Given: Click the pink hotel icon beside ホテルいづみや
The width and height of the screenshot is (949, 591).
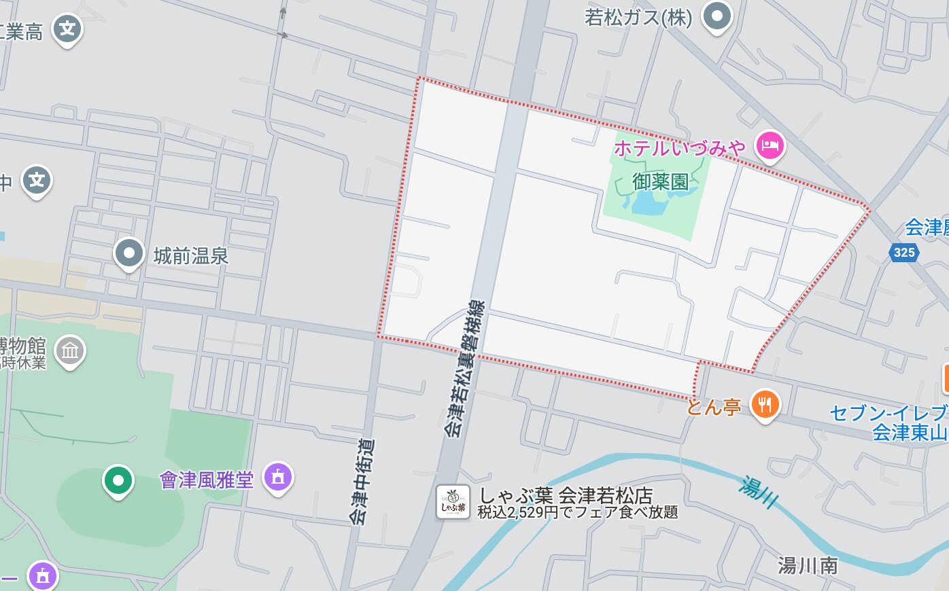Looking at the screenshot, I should (770, 145).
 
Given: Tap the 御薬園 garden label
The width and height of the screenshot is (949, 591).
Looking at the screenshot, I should (660, 181).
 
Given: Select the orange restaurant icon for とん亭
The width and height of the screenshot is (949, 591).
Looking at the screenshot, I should (765, 405).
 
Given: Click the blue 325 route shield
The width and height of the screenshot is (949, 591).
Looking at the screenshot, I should (903, 253).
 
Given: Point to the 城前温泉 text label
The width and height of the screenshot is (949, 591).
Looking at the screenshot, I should (190, 256).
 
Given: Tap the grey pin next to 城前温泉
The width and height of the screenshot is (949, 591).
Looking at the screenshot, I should (128, 253).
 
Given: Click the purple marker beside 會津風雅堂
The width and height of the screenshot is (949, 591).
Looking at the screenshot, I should (277, 478).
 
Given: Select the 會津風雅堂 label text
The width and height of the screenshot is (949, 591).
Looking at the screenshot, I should (207, 480).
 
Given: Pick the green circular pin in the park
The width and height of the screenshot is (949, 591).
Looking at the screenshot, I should (118, 481).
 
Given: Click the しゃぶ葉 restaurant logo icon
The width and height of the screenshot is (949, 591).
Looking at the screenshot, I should (453, 502).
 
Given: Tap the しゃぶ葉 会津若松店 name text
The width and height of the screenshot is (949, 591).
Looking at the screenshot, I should (566, 495).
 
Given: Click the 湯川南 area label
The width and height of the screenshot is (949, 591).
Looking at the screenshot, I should (808, 565).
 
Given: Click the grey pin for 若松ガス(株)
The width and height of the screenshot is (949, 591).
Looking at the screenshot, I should (717, 16).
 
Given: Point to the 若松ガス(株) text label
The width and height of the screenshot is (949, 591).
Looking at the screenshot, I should (638, 18).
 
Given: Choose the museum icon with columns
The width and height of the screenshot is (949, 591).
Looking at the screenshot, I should (70, 351).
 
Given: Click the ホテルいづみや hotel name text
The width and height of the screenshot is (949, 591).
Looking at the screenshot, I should (679, 147).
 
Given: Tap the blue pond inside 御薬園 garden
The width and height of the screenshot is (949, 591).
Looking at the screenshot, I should (651, 203).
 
